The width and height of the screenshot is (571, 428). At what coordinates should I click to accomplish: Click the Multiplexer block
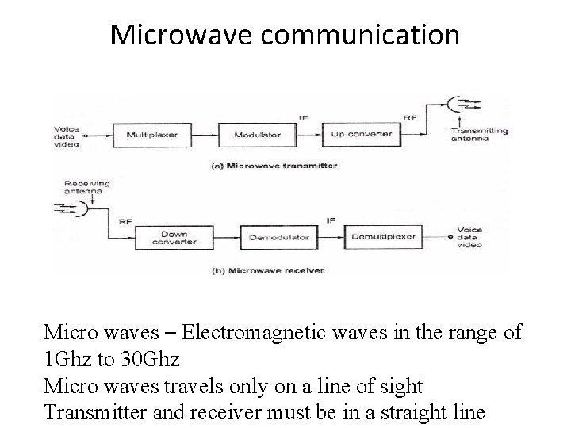[x=153, y=134]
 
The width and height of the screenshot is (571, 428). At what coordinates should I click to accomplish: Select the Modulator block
[x=257, y=134]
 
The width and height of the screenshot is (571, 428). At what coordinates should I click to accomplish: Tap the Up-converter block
[x=361, y=134]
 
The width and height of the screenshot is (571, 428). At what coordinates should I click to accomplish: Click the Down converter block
[x=173, y=237]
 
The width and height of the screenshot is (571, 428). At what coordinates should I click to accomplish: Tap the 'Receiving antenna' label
[x=87, y=187]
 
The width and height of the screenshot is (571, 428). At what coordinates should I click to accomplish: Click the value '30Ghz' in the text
[x=148, y=359]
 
